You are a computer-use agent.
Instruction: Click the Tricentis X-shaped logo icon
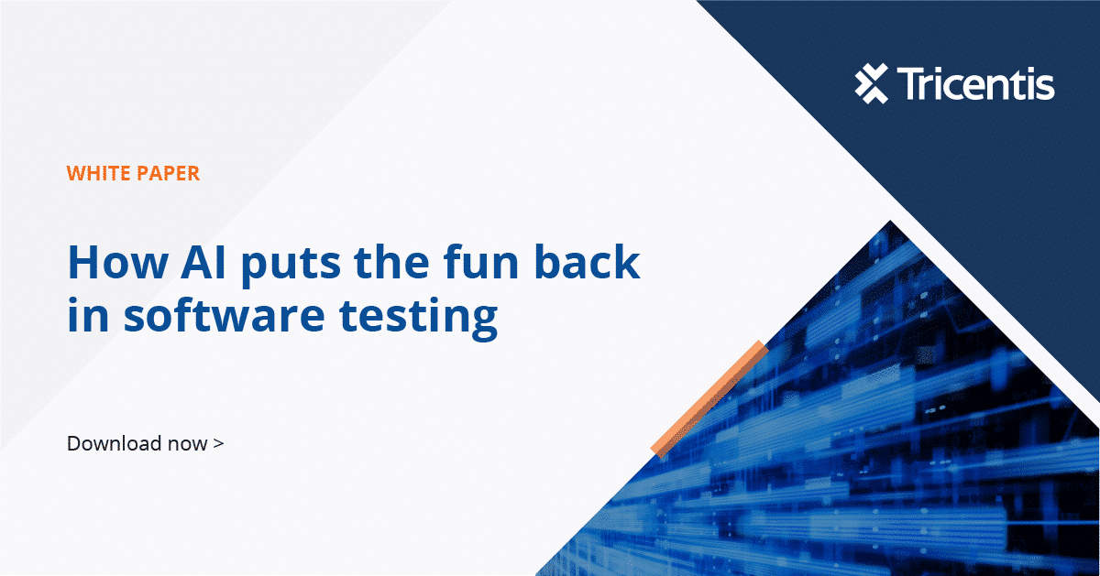[872, 84]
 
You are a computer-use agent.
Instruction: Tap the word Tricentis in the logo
[975, 84]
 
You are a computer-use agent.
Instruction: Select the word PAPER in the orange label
[169, 172]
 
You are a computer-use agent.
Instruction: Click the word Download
[104, 444]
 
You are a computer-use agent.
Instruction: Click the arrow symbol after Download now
[217, 444]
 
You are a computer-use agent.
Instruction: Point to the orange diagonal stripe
[708, 398]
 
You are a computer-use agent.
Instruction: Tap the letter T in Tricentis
[909, 84]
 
